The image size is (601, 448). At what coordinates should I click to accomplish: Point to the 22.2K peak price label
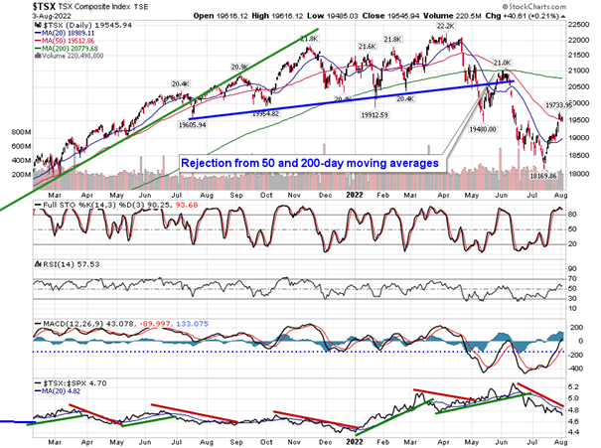(x=444, y=41)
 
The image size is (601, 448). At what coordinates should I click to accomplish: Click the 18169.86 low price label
(x=548, y=175)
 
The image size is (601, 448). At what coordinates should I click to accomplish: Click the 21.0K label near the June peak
(x=503, y=63)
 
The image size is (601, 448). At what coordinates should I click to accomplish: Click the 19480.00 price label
(x=485, y=127)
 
